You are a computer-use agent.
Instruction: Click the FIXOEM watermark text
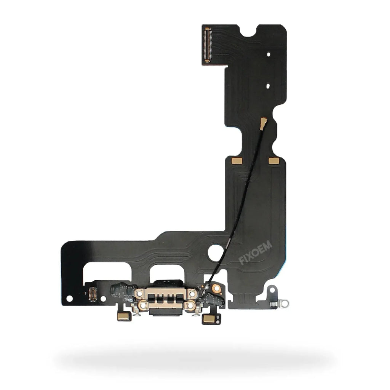[x=256, y=253]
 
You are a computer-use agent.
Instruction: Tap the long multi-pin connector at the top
[x=207, y=45]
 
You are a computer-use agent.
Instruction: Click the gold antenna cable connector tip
[x=263, y=124]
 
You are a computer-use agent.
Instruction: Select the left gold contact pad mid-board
[x=237, y=161]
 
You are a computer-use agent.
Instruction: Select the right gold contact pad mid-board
[x=274, y=161]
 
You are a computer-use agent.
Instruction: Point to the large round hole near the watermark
[x=215, y=253]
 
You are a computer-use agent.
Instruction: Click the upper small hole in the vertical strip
[x=269, y=54]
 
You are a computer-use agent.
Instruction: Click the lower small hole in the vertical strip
[x=268, y=86]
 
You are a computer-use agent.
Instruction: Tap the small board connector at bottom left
[x=93, y=294]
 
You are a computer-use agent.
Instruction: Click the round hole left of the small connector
[x=69, y=299]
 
